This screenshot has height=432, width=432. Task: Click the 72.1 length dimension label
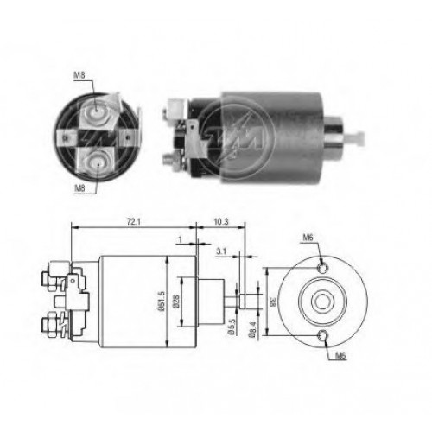(134, 222)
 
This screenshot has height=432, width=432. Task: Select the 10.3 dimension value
(221, 222)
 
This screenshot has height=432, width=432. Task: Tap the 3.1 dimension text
(221, 251)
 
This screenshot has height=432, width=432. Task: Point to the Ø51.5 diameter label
(161, 301)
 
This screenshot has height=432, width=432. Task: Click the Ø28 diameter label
(176, 302)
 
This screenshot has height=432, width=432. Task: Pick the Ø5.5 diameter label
(232, 327)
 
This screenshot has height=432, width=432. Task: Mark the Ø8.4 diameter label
(252, 329)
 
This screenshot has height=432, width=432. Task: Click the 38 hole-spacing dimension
(272, 302)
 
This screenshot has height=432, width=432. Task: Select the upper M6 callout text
(308, 238)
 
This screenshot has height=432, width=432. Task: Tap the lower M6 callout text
(340, 356)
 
